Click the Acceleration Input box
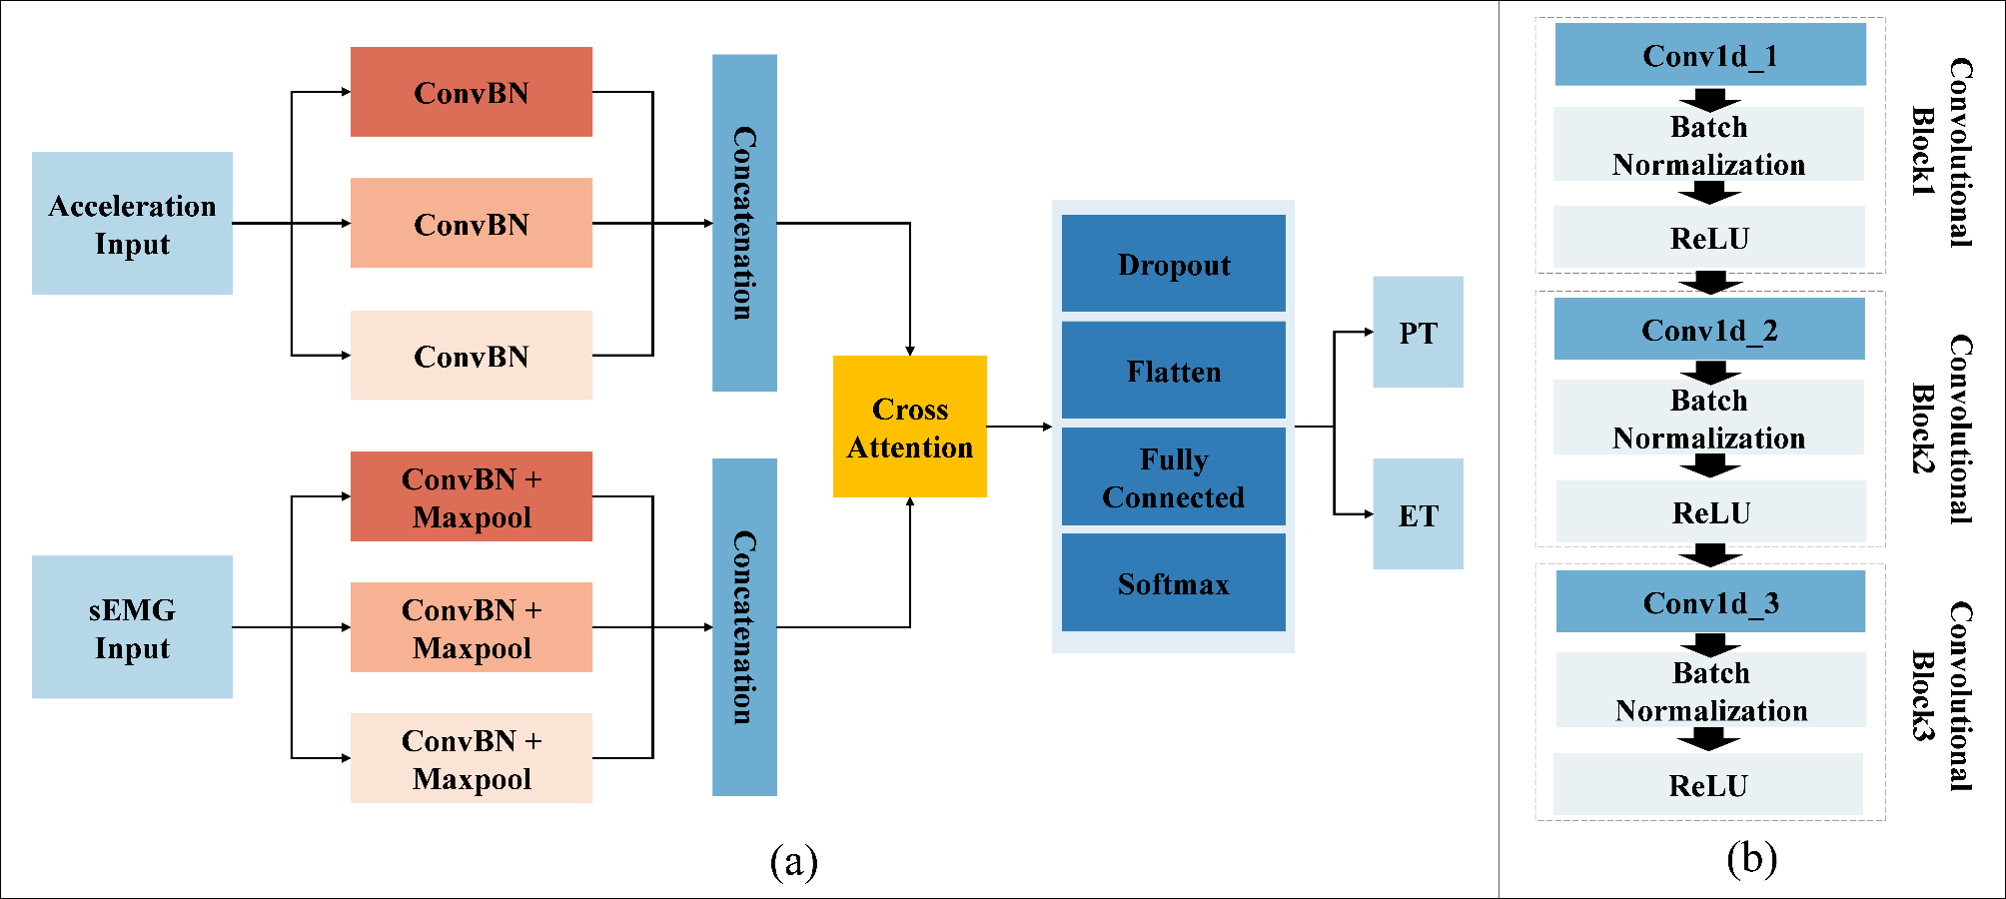[132, 224]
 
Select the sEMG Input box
[132, 627]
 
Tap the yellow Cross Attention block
[909, 427]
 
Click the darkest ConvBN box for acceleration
[471, 92]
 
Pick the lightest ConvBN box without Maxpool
[471, 356]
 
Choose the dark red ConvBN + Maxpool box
[471, 496]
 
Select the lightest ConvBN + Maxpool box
[471, 758]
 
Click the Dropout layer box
[1173, 264]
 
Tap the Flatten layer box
[1173, 371]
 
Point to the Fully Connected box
[1173, 476]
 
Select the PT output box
[1418, 332]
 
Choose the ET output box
[1418, 514]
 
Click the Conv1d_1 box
[1709, 55]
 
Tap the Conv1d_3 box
[1709, 601]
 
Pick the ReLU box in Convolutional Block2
[1710, 511]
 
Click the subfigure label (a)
[793, 860]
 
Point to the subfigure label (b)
[1750, 858]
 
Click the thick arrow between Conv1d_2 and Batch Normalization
[1710, 372]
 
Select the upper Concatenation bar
[744, 223]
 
